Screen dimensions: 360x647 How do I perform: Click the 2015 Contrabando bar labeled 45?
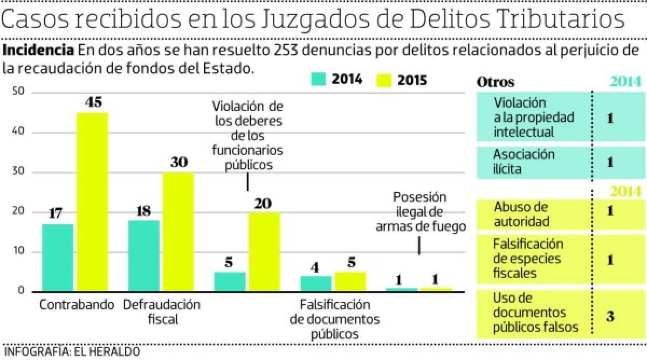coord(92,202)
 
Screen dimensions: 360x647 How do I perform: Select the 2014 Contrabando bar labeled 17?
coord(57,258)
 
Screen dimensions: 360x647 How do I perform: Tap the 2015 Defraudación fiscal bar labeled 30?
coord(178,232)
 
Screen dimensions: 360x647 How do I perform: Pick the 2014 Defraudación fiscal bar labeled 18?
coord(143,256)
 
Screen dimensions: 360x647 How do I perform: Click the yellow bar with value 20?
coord(264,252)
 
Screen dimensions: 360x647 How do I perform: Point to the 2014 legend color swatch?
coord(319,80)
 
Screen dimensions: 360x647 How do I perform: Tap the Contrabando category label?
coord(77,304)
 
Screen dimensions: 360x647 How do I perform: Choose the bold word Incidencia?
coord(39,51)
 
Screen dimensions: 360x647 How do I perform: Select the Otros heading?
coord(495,82)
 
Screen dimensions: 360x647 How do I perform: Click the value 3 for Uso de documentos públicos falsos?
coord(610,316)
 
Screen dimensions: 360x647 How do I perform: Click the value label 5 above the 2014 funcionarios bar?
coord(229,263)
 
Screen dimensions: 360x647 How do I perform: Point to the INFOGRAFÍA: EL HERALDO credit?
coord(72,352)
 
